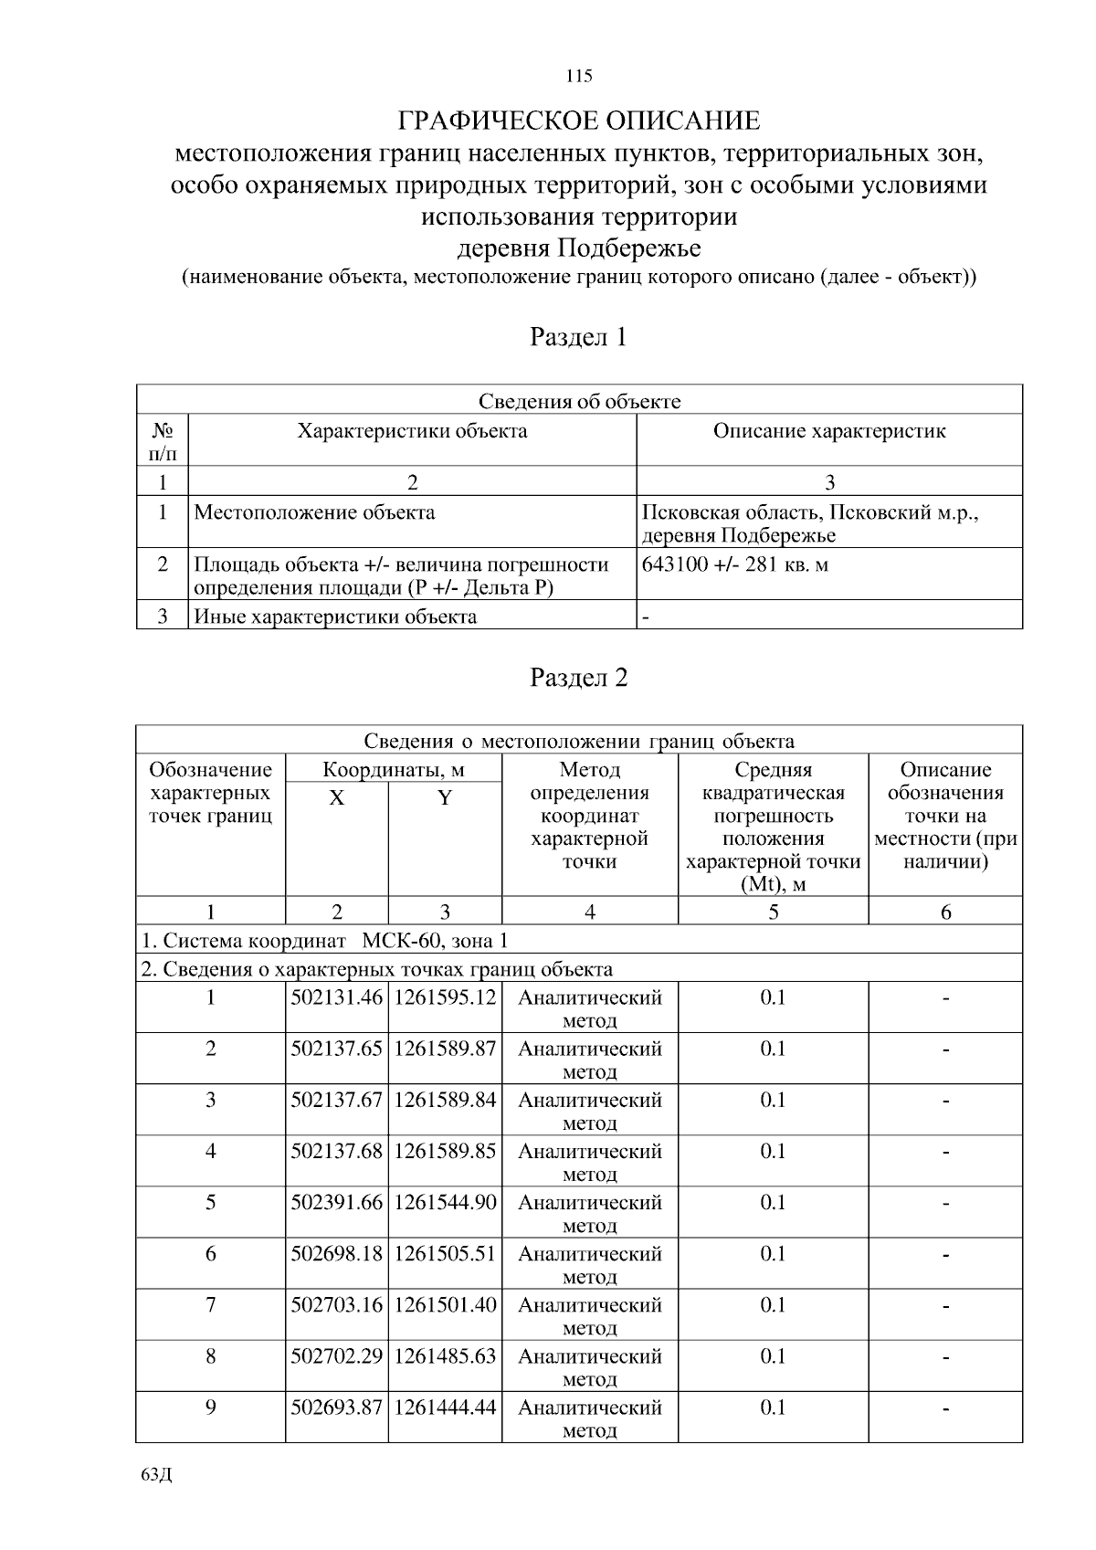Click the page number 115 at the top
[x=579, y=76]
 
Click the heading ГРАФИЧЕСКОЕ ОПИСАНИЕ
[x=579, y=121]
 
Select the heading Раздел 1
[x=579, y=338]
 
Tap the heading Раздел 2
[x=579, y=678]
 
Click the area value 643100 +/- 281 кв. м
[x=735, y=564]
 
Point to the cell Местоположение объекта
[x=315, y=512]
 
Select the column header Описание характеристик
[x=828, y=431]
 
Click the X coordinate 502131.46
[x=336, y=997]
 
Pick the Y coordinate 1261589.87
[x=445, y=1049]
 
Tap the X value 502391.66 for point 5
[x=336, y=1202]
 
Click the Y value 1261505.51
[x=445, y=1253]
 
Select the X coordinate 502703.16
[x=336, y=1304]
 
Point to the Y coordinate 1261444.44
[x=445, y=1407]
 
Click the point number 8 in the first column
[x=210, y=1355]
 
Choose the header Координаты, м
[x=394, y=770]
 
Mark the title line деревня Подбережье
[x=579, y=248]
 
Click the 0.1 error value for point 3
[x=773, y=1100]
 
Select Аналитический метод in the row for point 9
[x=589, y=1418]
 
